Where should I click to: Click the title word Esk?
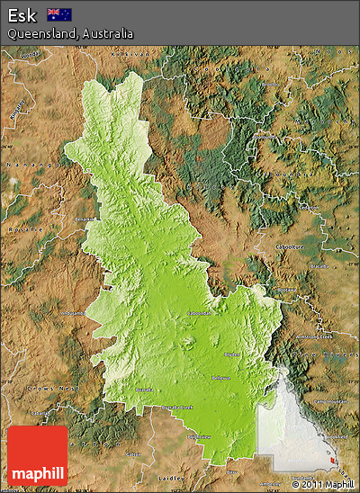(x=22, y=14)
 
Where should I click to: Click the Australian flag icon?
(x=60, y=14)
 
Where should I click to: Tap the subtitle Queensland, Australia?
(x=70, y=33)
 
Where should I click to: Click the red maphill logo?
(x=37, y=456)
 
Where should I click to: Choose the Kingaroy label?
(x=18, y=115)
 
